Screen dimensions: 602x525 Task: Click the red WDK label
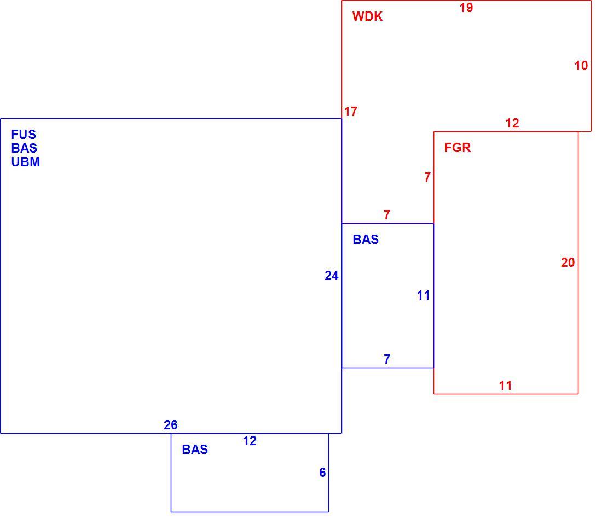[x=367, y=16]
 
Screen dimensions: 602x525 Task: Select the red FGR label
[x=458, y=148]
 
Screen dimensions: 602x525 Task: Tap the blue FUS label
[x=24, y=135]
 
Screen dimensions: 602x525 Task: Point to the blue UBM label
[x=25, y=162]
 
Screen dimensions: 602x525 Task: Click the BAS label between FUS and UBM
[x=24, y=148]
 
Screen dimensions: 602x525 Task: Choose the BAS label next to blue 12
[x=195, y=450]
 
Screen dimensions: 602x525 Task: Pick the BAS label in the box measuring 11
[x=366, y=240]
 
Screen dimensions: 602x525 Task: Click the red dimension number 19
[x=466, y=8]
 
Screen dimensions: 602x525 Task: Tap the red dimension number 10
[x=581, y=66]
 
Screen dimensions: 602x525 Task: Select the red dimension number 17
[x=350, y=112]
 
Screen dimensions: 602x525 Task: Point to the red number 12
[x=512, y=123]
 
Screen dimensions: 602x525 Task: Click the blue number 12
[x=250, y=441]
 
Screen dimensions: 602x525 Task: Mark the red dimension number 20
[x=568, y=262]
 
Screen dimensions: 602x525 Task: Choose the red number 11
[x=505, y=386]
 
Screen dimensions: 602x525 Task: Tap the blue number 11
[x=423, y=295]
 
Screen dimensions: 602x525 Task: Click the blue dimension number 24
[x=331, y=276]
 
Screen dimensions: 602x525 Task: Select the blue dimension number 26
[x=170, y=425]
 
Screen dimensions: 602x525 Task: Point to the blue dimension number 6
[x=322, y=472]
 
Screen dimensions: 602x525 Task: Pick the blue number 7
[x=387, y=359]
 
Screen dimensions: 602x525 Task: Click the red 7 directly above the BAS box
[x=387, y=215]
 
